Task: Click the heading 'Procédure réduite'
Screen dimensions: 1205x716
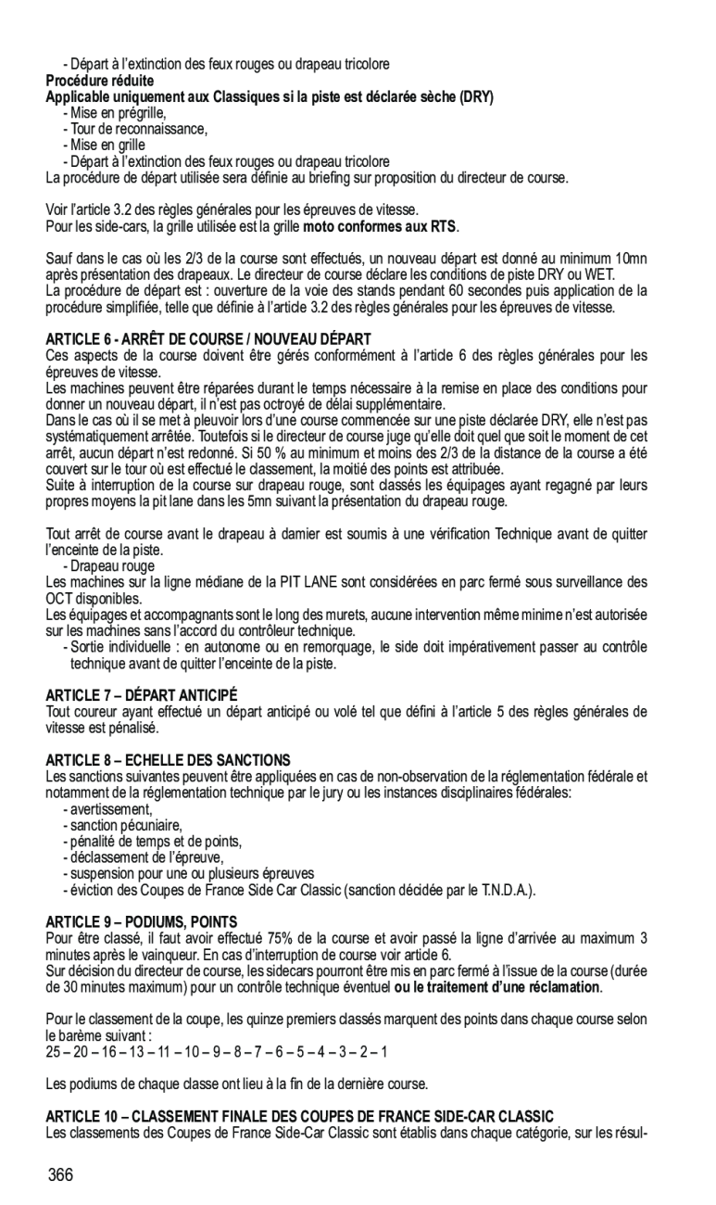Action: coord(100,81)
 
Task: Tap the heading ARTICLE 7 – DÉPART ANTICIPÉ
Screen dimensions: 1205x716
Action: coord(142,694)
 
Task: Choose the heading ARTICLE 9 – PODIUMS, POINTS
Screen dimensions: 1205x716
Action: coord(142,921)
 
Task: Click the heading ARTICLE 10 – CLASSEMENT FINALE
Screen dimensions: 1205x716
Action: coord(299,1115)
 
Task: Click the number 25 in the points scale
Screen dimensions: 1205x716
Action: coord(53,1052)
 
